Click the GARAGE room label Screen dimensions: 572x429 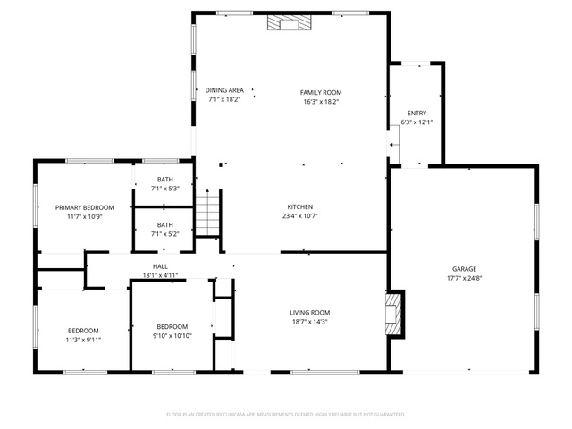point(464,269)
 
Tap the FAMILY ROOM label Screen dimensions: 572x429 point(321,93)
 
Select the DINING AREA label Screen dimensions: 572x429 point(224,90)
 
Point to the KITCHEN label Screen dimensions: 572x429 point(300,206)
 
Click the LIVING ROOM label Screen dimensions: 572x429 point(310,313)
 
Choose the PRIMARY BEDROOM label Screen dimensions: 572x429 point(84,207)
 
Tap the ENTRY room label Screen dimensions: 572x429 point(416,114)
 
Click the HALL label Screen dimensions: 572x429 point(160,266)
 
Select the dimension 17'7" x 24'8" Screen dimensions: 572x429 point(465,278)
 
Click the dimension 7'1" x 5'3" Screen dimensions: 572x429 point(164,189)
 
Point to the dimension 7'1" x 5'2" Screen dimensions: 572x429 point(164,234)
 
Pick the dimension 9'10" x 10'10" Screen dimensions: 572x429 point(172,336)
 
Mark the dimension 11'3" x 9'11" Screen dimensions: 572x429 point(83,340)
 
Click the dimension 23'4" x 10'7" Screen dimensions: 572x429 point(300,216)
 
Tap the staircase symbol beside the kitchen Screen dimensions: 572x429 point(207,213)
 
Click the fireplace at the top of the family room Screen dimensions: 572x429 point(289,22)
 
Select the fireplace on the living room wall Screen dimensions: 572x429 point(393,314)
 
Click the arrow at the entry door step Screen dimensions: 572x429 point(393,145)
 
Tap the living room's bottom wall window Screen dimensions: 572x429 point(325,373)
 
